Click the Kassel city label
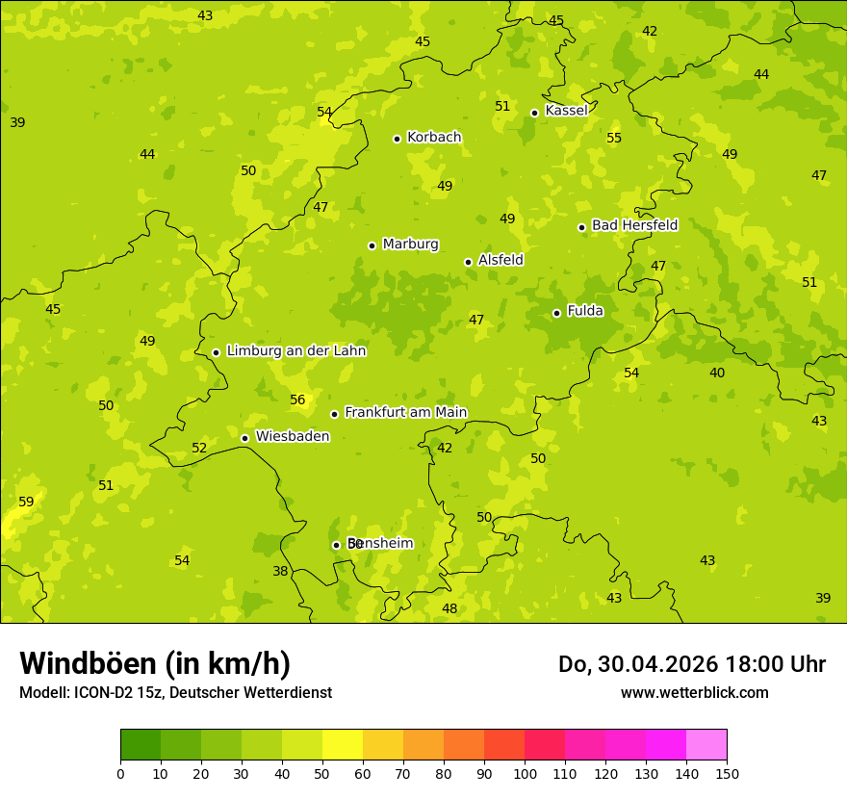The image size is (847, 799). [566, 111]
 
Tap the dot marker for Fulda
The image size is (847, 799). [556, 313]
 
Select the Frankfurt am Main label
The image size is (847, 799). [405, 412]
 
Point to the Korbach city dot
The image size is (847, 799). [397, 139]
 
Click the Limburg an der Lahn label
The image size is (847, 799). [295, 350]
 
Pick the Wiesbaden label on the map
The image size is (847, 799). [293, 436]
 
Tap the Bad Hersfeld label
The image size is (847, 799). [634, 225]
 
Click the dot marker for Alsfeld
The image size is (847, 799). [468, 262]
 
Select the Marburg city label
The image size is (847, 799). [410, 244]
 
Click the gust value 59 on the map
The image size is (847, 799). [26, 502]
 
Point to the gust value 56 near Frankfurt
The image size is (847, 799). [297, 399]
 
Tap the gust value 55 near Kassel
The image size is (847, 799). [614, 138]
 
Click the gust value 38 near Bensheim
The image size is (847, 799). [280, 571]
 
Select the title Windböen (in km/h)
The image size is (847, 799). [155, 663]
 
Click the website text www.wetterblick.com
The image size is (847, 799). [694, 692]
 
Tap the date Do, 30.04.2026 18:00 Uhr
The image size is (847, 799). [691, 664]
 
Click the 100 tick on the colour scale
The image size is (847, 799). [525, 773]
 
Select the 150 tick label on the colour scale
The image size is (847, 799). [727, 773]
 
